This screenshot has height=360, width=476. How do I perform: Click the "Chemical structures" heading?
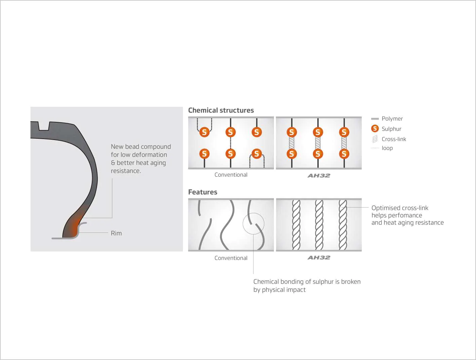221,110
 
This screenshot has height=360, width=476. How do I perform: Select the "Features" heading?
203,192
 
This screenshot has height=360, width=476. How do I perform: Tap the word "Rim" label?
116,233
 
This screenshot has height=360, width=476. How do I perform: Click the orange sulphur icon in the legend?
375,128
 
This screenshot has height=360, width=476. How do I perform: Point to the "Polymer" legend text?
392,119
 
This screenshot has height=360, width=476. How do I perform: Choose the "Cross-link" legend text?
394,139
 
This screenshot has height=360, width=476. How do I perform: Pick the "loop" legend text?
387,148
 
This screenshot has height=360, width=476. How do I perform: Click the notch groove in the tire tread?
44,126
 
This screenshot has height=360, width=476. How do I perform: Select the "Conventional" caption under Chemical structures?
231,175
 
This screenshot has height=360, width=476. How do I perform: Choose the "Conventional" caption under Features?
231,258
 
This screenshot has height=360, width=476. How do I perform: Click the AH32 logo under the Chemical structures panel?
319,175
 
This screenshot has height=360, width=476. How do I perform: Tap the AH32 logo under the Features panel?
319,258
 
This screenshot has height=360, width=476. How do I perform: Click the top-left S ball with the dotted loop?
204,132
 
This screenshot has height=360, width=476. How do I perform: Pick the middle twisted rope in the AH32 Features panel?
319,225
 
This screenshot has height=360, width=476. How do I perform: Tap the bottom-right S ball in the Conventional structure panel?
257,153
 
